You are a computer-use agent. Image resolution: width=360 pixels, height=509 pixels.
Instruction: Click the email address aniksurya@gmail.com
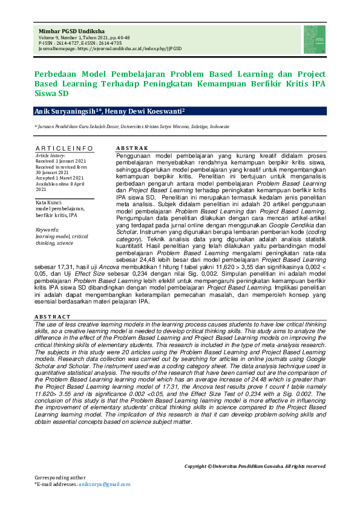[x=104, y=485]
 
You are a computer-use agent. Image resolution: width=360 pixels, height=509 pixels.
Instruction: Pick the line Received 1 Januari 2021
[x=61, y=161]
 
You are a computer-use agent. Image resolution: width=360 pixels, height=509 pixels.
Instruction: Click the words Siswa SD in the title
[x=51, y=94]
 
